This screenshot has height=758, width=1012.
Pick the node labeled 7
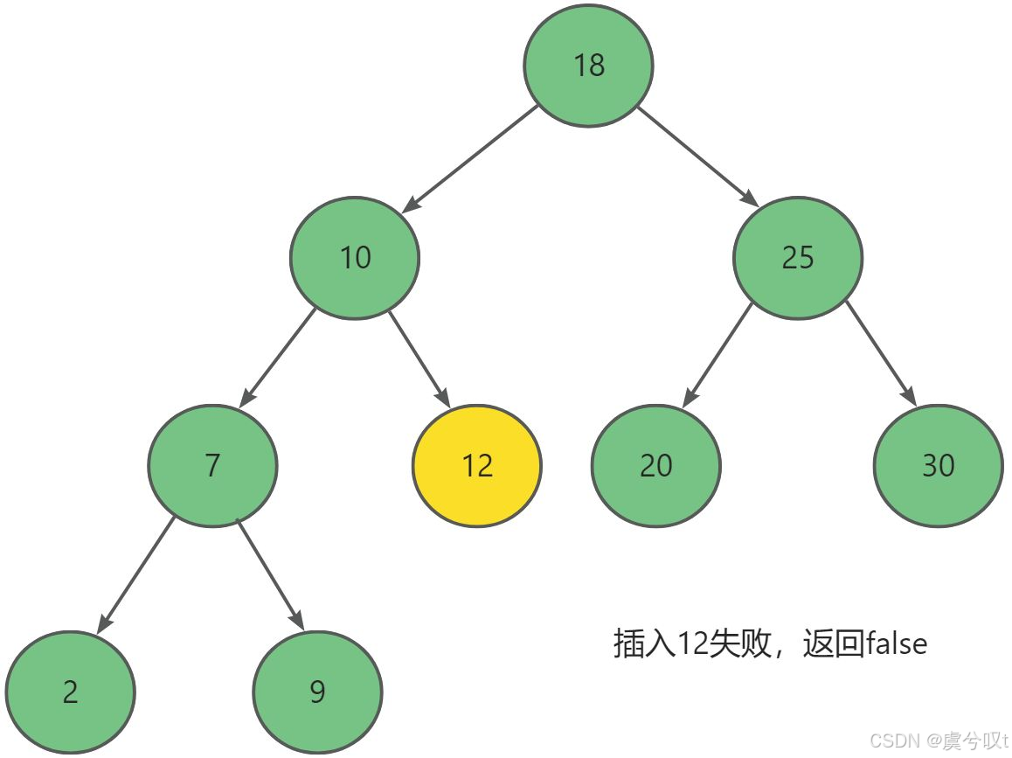coord(212,464)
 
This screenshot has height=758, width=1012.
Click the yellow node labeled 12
coord(477,464)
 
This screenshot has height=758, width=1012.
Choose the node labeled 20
coord(655,464)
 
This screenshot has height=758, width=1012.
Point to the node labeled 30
coord(938,464)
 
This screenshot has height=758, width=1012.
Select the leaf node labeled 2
coord(70,691)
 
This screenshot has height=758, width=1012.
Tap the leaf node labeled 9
coord(317,691)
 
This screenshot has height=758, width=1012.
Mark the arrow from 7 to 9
coord(271,574)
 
